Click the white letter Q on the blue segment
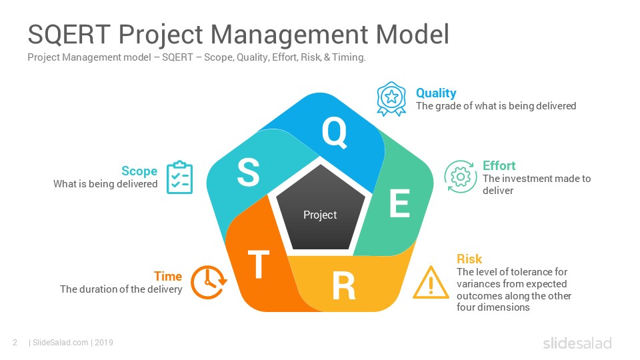[335, 132]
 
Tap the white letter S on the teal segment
[248, 172]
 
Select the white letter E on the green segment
[399, 203]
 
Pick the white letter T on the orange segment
[259, 264]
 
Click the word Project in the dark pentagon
[320, 215]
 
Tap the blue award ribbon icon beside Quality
[391, 99]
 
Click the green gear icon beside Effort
[461, 177]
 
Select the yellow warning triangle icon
[431, 283]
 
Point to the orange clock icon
[208, 283]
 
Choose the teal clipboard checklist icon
[179, 177]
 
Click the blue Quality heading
[436, 93]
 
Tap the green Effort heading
[499, 165]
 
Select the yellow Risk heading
[469, 259]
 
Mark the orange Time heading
[168, 276]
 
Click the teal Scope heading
[139, 171]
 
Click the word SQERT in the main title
[69, 34]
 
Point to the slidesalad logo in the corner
[577, 343]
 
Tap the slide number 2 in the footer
[15, 343]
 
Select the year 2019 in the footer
[104, 343]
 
